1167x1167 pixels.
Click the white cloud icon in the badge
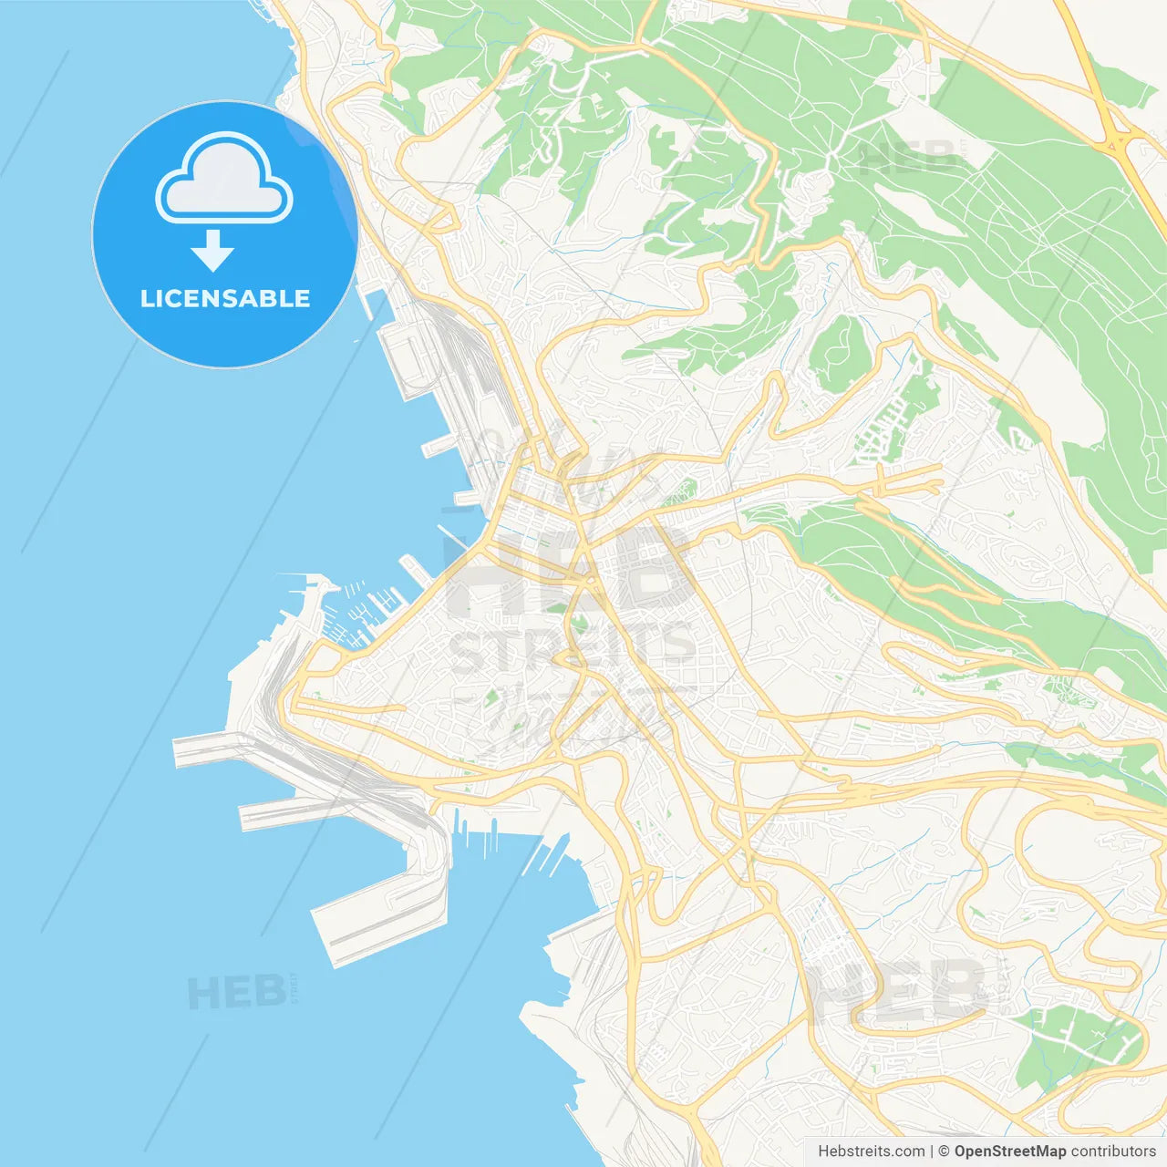pos(224,179)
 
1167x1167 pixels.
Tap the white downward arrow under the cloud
pos(213,250)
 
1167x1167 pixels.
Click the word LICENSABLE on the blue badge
pos(225,298)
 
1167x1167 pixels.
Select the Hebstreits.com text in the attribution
pos(872,1152)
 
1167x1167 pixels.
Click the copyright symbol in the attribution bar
pos(944,1152)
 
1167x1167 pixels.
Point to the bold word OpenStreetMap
pos(1009,1152)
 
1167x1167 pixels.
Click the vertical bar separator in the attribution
pos(932,1152)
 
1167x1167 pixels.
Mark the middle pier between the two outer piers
pos(292,811)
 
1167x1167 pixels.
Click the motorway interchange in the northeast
pos(1117,141)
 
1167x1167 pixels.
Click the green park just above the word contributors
pos(1076,1049)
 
